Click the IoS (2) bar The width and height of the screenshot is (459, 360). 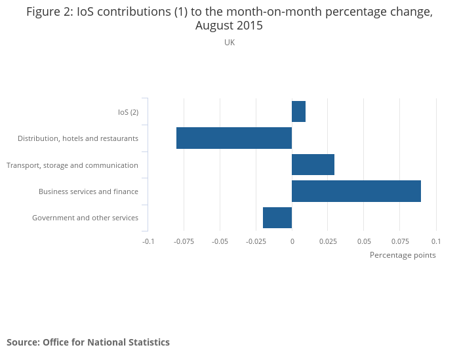tap(298, 111)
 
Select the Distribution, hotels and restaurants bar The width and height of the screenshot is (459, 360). tap(234, 138)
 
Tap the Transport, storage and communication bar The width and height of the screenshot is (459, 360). tap(313, 165)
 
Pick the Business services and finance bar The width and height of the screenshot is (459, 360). tap(356, 191)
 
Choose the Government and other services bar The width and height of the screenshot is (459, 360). tap(277, 218)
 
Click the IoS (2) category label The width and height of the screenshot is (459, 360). tap(128, 112)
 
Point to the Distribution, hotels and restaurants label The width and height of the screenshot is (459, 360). tap(78, 138)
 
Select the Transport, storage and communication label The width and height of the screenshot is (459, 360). tap(72, 165)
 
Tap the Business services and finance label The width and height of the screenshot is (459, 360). tap(89, 191)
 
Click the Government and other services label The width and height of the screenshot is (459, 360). tap(85, 218)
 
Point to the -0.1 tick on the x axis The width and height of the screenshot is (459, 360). tap(148, 241)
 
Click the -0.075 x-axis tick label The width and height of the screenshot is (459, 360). tap(184, 241)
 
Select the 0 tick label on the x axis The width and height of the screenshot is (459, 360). tap(292, 241)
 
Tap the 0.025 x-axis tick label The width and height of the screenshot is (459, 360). tap(328, 241)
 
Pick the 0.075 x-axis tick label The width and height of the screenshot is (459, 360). tap(399, 241)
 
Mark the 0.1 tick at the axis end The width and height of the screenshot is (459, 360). tap(435, 241)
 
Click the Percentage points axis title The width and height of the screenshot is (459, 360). tap(403, 255)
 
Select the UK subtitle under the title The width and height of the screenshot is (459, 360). tap(229, 43)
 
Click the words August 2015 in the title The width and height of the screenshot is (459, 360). tap(229, 26)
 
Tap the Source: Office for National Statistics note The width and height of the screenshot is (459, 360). tap(88, 342)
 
